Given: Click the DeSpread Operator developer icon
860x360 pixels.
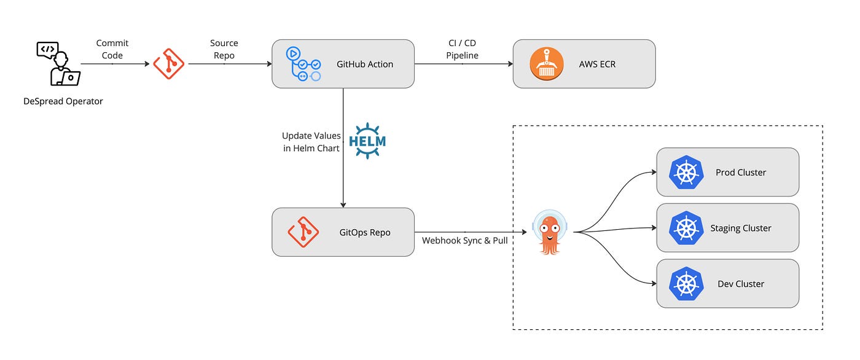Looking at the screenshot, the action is [58, 64].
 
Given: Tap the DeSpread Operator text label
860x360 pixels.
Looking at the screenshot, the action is [63, 101].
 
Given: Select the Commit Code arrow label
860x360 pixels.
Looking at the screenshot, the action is [112, 49].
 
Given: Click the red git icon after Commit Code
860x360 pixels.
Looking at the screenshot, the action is [168, 64].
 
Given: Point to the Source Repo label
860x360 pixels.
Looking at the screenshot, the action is [224, 49].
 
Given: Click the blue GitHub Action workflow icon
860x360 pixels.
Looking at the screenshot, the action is [303, 64].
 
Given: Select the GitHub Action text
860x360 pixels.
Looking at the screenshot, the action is [365, 64].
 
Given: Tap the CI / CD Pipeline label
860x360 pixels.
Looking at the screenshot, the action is [462, 49].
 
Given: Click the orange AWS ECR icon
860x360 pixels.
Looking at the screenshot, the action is [546, 64].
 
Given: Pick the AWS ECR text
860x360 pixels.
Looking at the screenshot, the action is [597, 64].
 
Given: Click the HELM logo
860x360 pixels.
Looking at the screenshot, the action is [367, 141].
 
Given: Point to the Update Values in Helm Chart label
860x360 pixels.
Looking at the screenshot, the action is [311, 142].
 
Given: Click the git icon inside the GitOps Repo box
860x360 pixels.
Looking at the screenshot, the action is [303, 232].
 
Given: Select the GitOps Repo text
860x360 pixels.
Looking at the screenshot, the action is [365, 232].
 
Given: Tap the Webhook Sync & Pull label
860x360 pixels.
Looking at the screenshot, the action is [464, 241].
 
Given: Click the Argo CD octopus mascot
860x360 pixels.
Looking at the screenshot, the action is [550, 232].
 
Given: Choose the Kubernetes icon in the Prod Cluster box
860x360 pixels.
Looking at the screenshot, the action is [686, 172].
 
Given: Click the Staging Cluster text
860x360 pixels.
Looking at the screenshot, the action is [741, 228].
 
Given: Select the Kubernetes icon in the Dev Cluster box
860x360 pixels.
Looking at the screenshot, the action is [686, 284].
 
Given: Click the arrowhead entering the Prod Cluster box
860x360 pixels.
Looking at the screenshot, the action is [654, 172].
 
